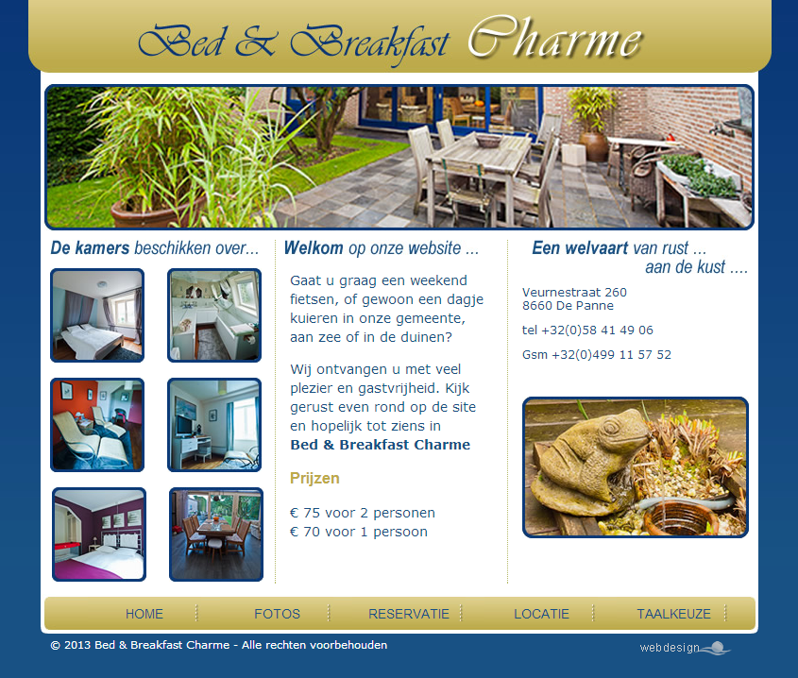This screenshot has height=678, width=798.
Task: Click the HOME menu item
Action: coord(144,614)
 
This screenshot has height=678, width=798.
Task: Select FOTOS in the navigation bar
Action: coord(277,614)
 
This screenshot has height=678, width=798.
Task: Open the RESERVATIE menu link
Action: coord(409,614)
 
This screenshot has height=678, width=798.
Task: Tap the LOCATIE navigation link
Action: coord(541,614)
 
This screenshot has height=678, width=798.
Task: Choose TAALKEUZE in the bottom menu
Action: coord(674,614)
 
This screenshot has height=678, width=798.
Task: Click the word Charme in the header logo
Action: coord(555,38)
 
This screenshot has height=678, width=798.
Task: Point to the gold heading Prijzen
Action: coord(314,479)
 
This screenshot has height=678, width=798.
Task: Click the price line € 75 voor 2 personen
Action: coord(363,513)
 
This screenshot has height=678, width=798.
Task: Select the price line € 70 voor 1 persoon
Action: coord(359,532)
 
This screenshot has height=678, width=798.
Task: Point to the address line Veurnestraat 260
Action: coord(574,292)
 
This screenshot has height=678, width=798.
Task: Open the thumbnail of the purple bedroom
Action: coord(99,534)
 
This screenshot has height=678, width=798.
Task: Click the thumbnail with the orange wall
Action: coord(97,425)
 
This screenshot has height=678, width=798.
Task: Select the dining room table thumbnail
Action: coord(216,534)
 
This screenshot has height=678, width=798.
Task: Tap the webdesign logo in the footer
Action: coord(685,648)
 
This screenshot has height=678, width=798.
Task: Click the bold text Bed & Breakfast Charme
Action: coord(381,445)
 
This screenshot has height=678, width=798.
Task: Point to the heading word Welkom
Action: coord(314,248)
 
